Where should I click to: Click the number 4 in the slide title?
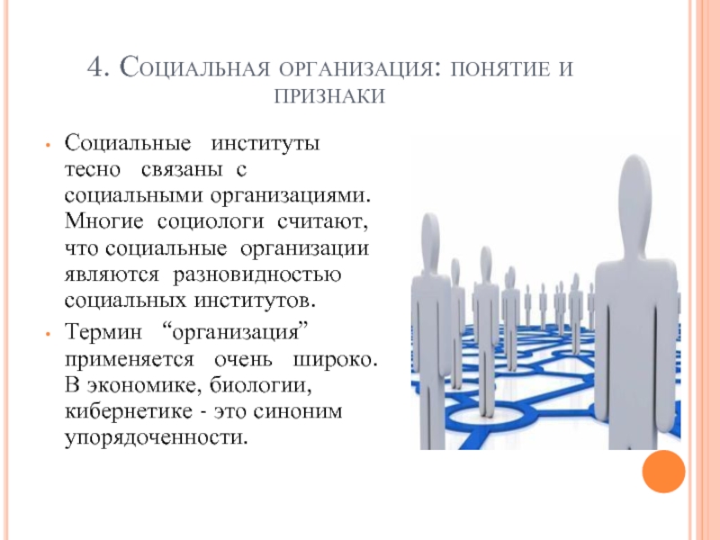tap(96, 67)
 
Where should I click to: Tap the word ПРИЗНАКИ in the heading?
tap(329, 96)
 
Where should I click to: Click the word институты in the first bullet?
tap(265, 143)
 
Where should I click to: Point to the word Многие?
tap(103, 221)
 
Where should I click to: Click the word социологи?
tap(211, 221)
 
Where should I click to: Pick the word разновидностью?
tap(257, 275)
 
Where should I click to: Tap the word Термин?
tap(103, 331)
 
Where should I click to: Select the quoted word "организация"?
tap(236, 332)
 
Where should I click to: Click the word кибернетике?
tap(129, 410)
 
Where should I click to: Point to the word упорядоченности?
tap(156, 438)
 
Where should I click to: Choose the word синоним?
tap(298, 411)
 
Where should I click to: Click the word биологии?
tap(261, 385)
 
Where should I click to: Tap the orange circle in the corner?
tap(663, 472)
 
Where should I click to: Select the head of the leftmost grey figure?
tap(430, 238)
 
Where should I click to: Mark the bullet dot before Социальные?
tap(48, 145)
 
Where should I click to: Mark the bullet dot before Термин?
tap(48, 333)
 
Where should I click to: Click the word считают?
tap(323, 222)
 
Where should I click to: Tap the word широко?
tap(335, 359)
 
